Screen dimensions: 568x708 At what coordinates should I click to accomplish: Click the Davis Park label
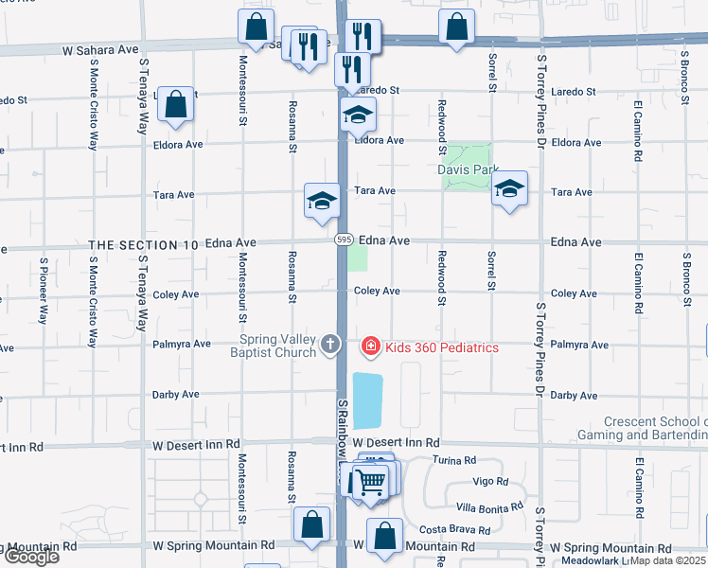point(467,169)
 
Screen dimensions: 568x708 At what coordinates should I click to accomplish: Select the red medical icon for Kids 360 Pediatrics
point(370,347)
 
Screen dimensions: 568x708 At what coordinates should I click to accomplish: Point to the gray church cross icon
point(330,344)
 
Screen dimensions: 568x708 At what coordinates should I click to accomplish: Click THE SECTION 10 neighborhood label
point(144,244)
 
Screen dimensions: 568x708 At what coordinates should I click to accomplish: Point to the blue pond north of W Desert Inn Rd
point(367,399)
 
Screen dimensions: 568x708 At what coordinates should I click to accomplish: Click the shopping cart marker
point(370,481)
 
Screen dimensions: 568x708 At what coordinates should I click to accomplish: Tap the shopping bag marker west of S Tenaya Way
point(176,106)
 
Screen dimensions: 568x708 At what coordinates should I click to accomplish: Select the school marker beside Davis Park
point(509,189)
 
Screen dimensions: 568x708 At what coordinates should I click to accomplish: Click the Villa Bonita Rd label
point(488,506)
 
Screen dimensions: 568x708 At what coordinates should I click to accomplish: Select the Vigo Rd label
point(490,481)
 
